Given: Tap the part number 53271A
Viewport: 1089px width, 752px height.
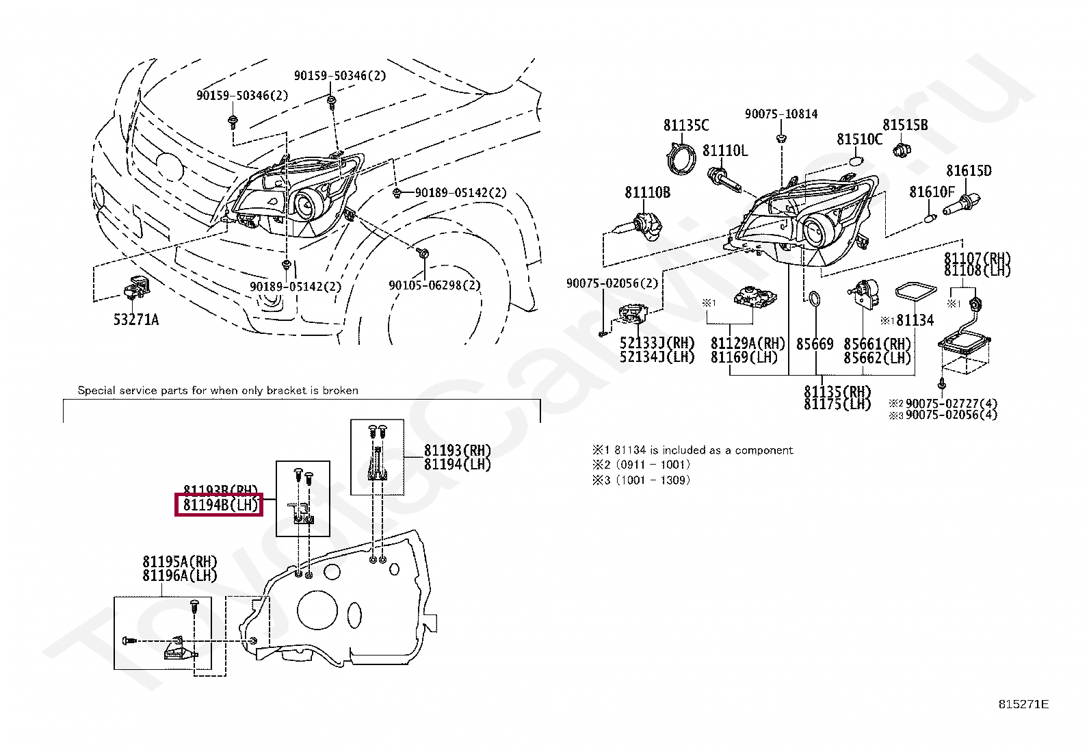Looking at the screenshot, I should point(135,320).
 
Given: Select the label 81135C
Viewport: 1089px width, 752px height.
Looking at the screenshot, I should point(685,125).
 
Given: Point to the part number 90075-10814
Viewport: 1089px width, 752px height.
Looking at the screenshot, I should point(780,114).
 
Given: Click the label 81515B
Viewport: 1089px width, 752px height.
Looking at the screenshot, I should point(904,125).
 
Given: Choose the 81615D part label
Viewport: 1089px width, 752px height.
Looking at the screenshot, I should point(968,171).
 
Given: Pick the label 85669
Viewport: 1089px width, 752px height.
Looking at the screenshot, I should point(814,343).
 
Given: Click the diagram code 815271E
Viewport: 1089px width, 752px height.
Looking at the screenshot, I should point(1023,705).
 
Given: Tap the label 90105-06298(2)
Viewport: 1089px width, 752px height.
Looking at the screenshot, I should point(434,285).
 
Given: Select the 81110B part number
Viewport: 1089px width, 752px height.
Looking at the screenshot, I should point(647,193).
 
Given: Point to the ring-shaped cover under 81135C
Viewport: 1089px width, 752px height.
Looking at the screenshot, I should point(681,159).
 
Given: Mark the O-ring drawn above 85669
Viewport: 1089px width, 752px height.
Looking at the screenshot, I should point(814,300).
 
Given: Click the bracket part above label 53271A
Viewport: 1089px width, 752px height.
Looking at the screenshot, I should point(135,287).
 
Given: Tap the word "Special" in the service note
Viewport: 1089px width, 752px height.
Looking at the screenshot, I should point(96,391).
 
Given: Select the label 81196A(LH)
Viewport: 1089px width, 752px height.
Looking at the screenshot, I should point(179,576).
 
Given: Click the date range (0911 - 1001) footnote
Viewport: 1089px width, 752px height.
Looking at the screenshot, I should point(653,465).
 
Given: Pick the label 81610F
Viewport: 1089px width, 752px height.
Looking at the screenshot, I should point(931,192).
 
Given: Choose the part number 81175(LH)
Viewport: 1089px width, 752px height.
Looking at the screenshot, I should point(837,404).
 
